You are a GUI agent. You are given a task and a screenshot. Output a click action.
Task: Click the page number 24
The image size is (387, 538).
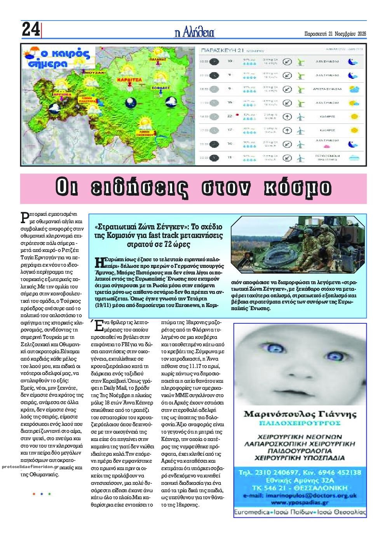tap(30, 30)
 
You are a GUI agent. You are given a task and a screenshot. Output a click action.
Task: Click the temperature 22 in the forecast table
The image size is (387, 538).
tap(230, 116)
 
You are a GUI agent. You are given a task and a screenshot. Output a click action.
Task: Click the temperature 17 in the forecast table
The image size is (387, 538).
tap(230, 130)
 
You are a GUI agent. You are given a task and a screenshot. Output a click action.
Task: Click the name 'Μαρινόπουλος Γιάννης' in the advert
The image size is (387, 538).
tap(300, 414)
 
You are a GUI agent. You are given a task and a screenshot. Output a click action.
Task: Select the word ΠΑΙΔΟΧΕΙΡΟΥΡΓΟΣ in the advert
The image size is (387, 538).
tap(300, 423)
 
